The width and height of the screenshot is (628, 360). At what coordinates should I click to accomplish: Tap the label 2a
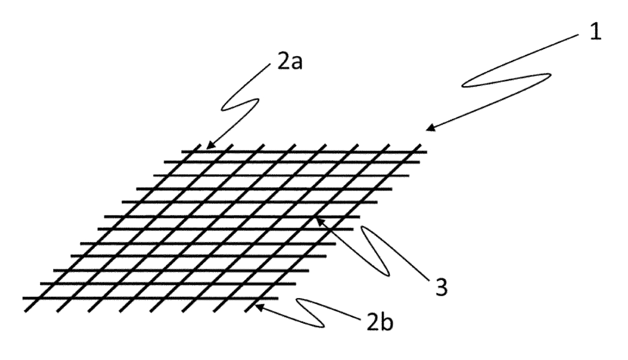click(290, 61)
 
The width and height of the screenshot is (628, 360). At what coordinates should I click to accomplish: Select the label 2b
click(380, 323)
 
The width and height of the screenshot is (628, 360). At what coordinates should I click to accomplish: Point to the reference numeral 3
click(442, 287)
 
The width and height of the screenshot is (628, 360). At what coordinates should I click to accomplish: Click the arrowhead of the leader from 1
click(430, 128)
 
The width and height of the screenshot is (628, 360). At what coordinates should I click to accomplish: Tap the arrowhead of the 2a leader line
click(210, 145)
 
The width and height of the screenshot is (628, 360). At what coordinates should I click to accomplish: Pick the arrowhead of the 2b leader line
click(259, 307)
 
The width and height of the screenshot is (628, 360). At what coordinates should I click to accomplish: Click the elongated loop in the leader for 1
click(506, 80)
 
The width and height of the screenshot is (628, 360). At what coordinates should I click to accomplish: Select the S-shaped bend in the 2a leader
click(240, 104)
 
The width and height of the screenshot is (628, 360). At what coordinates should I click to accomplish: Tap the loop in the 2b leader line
click(310, 312)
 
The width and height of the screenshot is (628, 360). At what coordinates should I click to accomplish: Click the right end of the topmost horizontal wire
click(427, 152)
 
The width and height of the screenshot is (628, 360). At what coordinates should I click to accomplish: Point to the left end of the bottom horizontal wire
click(23, 298)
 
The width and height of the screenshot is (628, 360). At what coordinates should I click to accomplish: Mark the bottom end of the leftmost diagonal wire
click(26, 311)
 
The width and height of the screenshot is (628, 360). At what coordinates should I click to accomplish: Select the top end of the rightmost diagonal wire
click(420, 145)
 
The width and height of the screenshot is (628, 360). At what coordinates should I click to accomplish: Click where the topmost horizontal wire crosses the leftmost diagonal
click(193, 152)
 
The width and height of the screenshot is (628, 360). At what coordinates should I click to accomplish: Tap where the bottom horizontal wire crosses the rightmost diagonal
click(259, 298)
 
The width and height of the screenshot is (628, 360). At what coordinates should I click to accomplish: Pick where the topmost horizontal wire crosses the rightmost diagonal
click(414, 152)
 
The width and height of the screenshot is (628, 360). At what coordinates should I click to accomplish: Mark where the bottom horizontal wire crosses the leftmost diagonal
click(38, 298)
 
